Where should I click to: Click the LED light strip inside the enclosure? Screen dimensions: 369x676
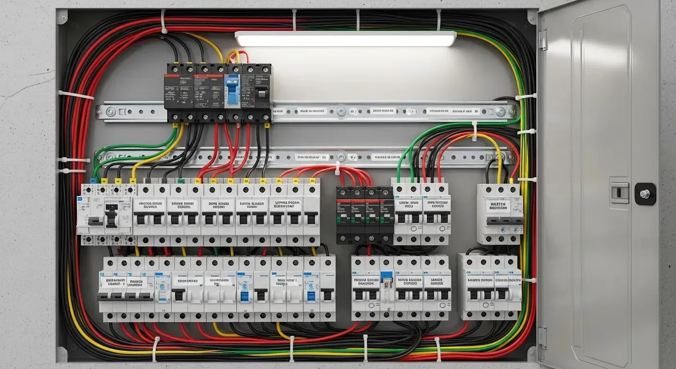[x=345, y=39]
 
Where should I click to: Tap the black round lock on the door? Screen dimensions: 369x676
[x=645, y=194]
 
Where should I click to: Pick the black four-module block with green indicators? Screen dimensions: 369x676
[x=365, y=215]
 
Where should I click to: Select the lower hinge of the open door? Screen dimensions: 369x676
[x=543, y=336]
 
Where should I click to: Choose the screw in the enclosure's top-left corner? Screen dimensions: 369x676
[x=63, y=17]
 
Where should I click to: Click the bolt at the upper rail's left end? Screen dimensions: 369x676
[x=110, y=112]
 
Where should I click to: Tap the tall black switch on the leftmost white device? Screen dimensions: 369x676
[x=111, y=215]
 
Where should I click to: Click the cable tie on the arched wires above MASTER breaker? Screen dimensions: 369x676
[x=474, y=131]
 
